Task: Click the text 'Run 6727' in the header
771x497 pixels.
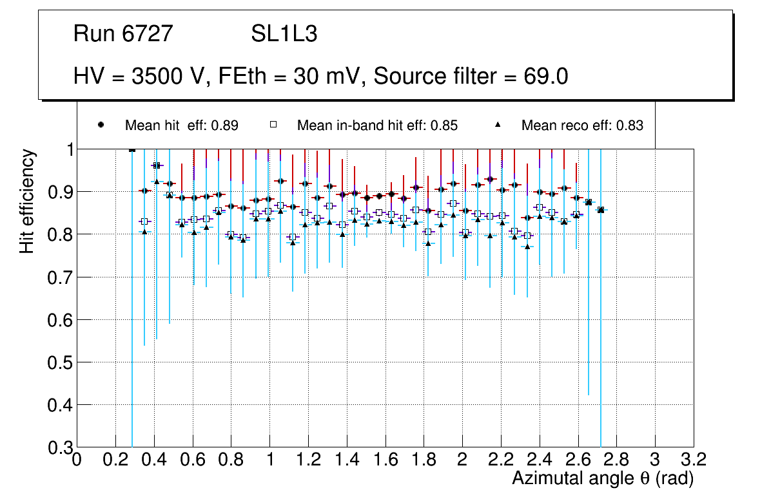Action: point(123,34)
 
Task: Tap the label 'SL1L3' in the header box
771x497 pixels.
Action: point(284,34)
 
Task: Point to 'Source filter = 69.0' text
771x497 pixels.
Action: point(471,77)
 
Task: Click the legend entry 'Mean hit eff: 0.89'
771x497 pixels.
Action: point(181,126)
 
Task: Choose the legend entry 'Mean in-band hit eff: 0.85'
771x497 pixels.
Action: point(377,126)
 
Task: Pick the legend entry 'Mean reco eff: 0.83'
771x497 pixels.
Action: point(581,126)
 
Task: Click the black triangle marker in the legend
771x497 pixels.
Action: point(498,125)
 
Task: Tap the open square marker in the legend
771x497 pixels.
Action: point(273,125)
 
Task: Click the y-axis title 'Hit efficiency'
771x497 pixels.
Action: point(27,201)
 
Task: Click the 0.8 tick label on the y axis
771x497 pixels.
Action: point(59,235)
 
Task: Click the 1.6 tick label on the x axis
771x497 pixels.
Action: point(385,460)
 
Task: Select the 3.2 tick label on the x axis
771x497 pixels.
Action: point(693,460)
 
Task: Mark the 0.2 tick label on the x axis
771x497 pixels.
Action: point(115,460)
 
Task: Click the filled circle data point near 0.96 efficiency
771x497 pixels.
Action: point(156,165)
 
